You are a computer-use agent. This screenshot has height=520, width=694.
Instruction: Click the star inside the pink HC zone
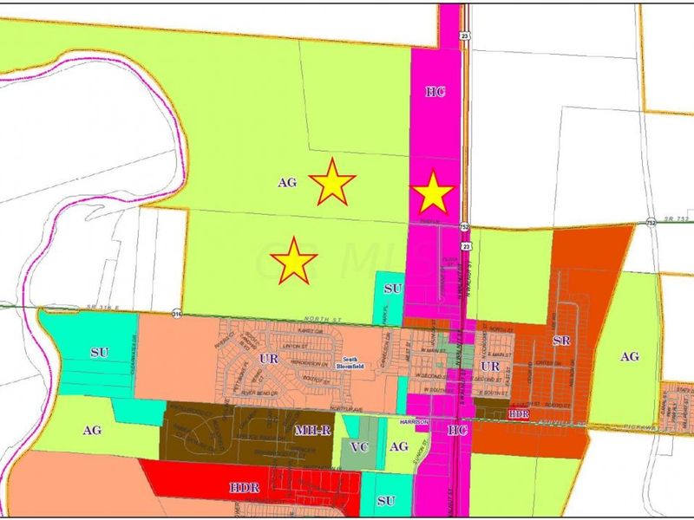coord(432,193)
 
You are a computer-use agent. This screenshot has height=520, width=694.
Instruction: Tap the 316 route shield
coord(178,313)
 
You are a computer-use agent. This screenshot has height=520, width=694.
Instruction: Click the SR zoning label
coord(560,341)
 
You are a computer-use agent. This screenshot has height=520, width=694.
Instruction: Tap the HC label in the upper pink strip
coord(435,91)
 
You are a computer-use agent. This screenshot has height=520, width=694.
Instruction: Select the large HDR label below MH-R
coord(246,489)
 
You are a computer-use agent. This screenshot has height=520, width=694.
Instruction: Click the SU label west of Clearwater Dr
coord(101,353)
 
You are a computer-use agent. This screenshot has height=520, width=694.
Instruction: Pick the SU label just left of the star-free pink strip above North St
coord(392,288)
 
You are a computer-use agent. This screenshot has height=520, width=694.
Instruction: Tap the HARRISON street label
coord(415,422)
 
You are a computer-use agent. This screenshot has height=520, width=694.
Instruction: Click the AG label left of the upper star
coord(288,183)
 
